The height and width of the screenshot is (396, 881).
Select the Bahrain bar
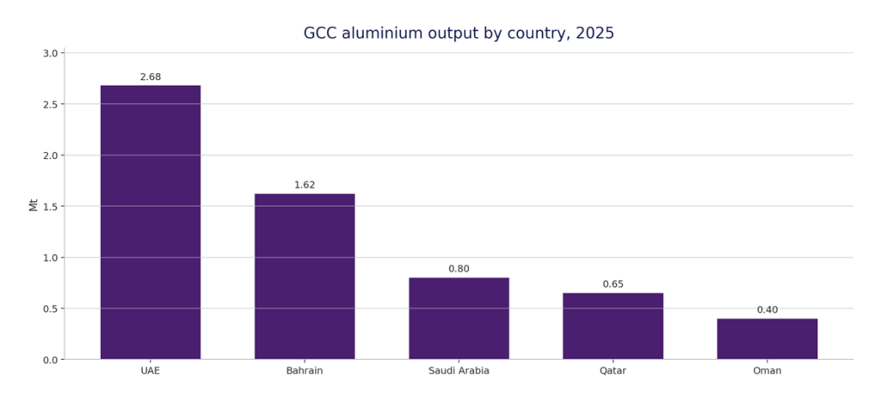[x=305, y=276]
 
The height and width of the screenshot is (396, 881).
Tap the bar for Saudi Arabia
[x=459, y=318]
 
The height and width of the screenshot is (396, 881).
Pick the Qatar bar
[x=613, y=326]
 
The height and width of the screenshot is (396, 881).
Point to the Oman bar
[x=767, y=338]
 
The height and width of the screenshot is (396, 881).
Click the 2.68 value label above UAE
[x=151, y=77]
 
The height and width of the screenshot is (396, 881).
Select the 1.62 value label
[x=305, y=186]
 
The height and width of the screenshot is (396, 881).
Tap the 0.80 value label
[x=459, y=270]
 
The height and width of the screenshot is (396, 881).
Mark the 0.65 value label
[x=613, y=284]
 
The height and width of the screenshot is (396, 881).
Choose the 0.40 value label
[x=767, y=310]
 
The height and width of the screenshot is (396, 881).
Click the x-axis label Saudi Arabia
[x=459, y=371]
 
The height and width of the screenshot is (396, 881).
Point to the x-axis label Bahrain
[x=305, y=371]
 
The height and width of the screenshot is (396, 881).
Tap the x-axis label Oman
[x=767, y=371]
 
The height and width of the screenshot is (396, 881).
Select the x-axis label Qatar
[x=613, y=371]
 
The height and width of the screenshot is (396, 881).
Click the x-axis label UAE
[x=151, y=371]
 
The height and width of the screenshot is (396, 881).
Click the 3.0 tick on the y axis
[x=50, y=53]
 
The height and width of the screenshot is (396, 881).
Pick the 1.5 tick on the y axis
[x=50, y=206]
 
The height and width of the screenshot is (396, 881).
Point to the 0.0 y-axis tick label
[x=50, y=360]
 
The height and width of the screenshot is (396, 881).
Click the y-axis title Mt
[x=34, y=205]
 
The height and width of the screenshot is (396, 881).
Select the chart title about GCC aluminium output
[x=459, y=34]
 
